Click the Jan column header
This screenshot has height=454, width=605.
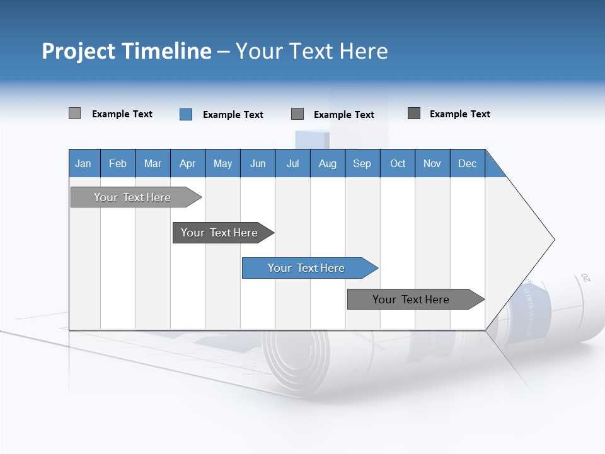[x=84, y=163]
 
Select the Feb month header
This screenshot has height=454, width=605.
[x=118, y=163]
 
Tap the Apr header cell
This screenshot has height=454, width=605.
[x=188, y=163]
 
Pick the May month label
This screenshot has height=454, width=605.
[x=222, y=163]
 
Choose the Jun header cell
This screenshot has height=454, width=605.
[x=258, y=163]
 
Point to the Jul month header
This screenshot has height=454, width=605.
[x=292, y=163]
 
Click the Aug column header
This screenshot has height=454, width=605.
[x=328, y=163]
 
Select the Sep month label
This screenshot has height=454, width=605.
[x=362, y=163]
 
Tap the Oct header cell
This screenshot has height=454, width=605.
[x=398, y=163]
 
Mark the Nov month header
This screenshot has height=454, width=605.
[x=432, y=163]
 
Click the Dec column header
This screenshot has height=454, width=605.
[x=468, y=163]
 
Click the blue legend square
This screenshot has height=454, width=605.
[x=186, y=114]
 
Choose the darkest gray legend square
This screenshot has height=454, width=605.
[x=414, y=113]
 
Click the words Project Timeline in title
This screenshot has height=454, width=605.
[x=127, y=51]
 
